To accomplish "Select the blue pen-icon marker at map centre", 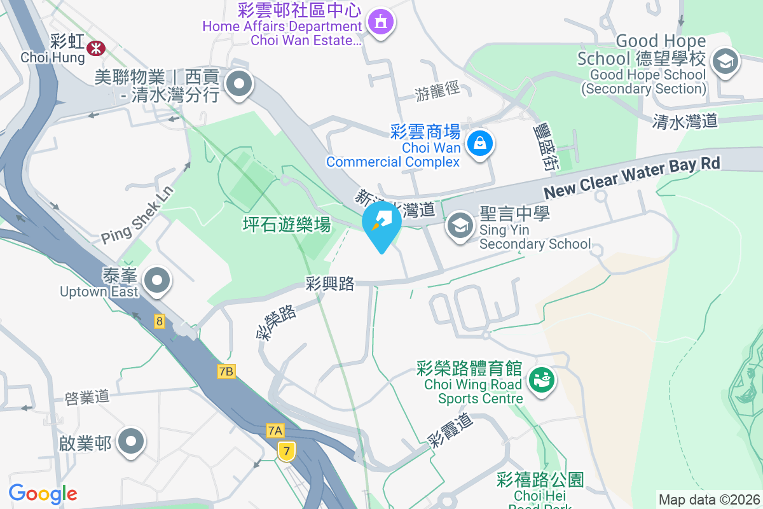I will point(381,222).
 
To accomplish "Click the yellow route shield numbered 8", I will point(159,321).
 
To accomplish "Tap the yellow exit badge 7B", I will point(226,371).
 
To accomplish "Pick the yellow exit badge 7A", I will point(275,431).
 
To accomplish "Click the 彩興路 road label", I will point(329,284).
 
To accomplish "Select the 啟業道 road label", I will point(87,398).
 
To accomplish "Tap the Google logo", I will point(43,493).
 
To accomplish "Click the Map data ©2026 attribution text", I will point(709,499).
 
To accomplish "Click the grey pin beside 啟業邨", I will point(132,442).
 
